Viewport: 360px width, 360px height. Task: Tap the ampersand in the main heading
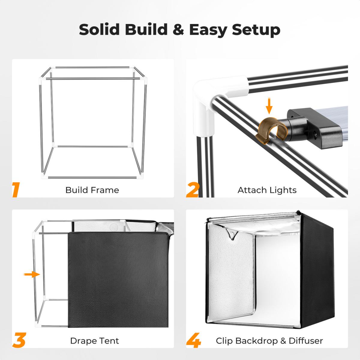pyautogui.click(x=178, y=29)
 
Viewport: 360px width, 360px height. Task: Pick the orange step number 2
pyautogui.click(x=192, y=190)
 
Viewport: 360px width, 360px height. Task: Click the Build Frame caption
pyautogui.click(x=92, y=190)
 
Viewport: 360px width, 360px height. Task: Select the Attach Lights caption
pyautogui.click(x=267, y=190)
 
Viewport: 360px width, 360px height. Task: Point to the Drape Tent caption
pyautogui.click(x=94, y=341)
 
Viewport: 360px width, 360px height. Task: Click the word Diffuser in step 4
pyautogui.click(x=306, y=341)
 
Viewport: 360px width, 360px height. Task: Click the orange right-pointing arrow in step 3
pyautogui.click(x=32, y=274)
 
